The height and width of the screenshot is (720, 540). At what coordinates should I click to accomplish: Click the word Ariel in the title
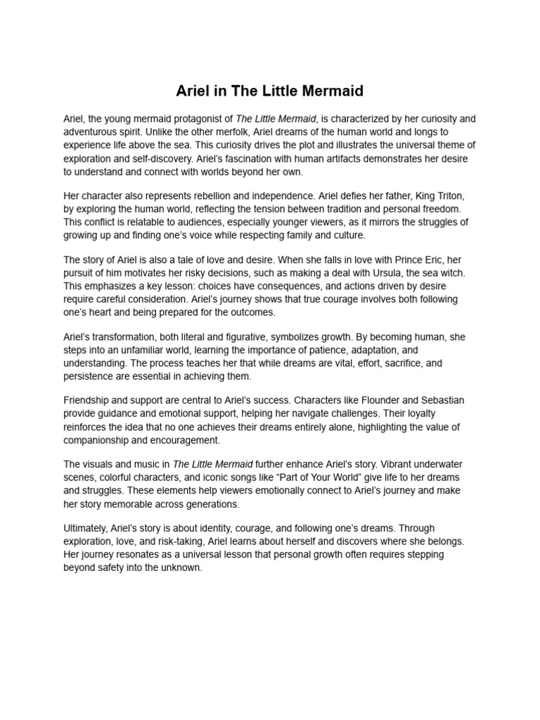(x=191, y=91)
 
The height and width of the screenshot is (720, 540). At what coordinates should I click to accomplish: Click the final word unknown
(x=180, y=568)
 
